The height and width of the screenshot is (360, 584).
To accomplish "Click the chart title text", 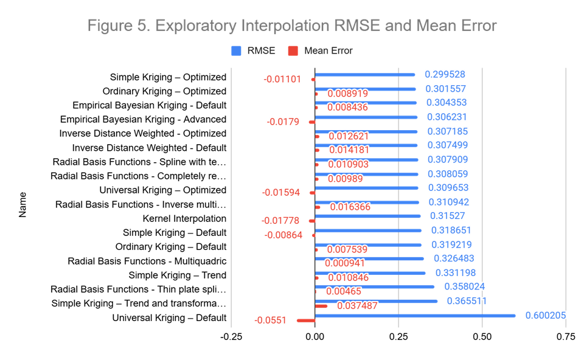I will [292, 26].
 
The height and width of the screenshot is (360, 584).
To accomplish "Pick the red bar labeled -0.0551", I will [305, 320].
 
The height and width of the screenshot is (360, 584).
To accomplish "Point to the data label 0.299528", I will [445, 74].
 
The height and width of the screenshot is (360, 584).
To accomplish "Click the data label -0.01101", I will [282, 79].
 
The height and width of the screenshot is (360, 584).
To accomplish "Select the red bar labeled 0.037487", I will [321, 306].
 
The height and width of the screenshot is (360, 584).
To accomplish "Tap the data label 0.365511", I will [467, 301].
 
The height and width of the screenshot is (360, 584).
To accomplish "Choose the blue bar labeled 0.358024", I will [375, 286].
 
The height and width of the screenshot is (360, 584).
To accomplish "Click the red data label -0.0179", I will [283, 122].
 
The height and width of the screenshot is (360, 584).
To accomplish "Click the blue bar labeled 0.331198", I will [370, 273].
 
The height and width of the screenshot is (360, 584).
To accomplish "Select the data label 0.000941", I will [344, 263].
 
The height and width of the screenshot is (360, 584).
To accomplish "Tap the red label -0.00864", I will [283, 235].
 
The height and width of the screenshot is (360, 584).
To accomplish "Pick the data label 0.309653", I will [448, 188].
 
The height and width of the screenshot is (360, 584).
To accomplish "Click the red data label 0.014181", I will [349, 150].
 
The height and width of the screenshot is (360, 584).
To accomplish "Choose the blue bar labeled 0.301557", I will [365, 89].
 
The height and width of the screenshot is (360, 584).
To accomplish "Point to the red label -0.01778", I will [280, 220].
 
